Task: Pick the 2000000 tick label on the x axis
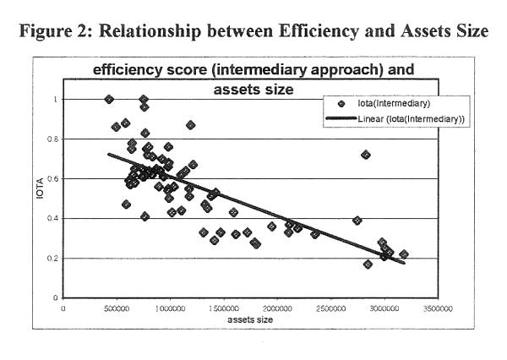[x=277, y=308]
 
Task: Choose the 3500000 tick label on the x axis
[x=436, y=308]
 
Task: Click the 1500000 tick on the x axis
[x=224, y=308]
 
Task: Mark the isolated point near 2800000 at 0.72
[x=366, y=155]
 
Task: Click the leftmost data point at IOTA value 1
[x=109, y=99]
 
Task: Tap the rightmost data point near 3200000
[x=404, y=254]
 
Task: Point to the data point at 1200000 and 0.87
[x=191, y=125]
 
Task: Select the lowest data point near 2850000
[x=368, y=265]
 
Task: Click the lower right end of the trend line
[x=405, y=263]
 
